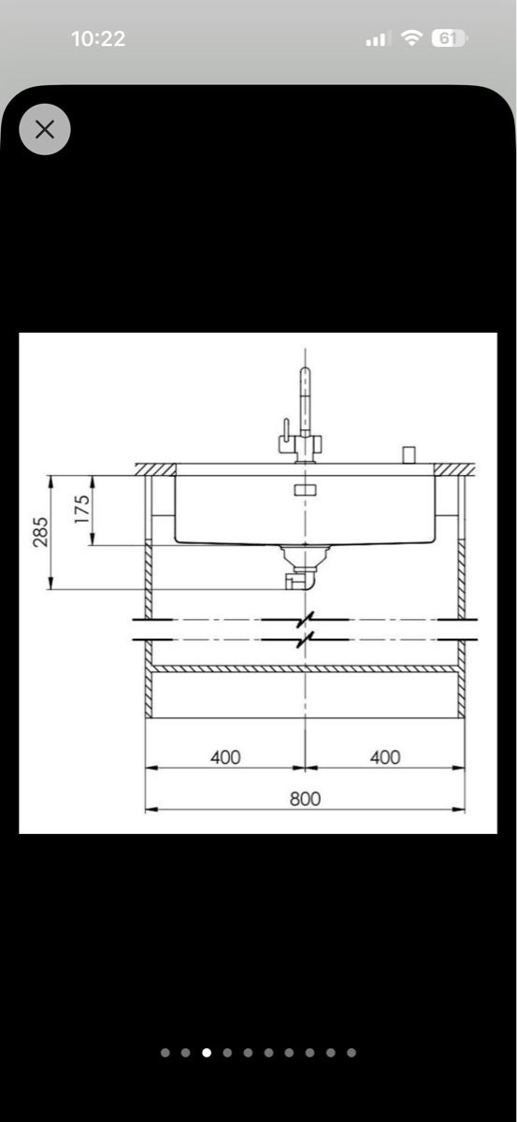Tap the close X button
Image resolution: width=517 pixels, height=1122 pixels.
tap(45, 129)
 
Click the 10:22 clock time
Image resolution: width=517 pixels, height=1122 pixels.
tap(98, 39)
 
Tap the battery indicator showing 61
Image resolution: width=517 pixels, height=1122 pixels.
tap(450, 38)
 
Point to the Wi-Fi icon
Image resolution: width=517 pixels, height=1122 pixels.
tap(411, 38)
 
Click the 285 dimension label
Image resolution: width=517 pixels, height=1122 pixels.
tap(40, 531)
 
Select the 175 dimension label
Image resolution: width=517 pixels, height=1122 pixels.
tap(82, 510)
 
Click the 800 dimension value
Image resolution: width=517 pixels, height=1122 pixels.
tap(305, 798)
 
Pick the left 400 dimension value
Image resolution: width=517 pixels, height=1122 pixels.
tap(225, 756)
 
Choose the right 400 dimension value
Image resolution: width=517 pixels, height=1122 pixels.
tap(385, 756)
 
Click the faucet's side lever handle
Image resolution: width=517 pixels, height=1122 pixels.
tap(285, 432)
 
